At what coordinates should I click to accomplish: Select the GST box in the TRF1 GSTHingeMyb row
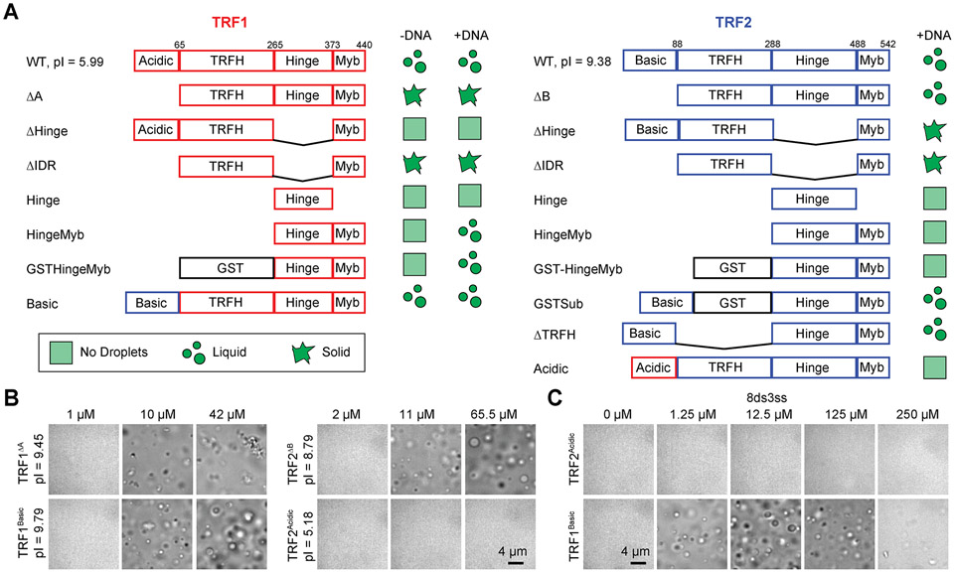pyautogui.click(x=227, y=267)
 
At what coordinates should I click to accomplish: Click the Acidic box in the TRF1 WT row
pyautogui.click(x=156, y=61)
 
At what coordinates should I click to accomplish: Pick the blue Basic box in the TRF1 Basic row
pyautogui.click(x=152, y=301)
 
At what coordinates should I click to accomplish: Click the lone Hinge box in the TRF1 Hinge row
pyautogui.click(x=303, y=199)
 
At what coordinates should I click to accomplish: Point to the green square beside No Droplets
pyautogui.click(x=59, y=353)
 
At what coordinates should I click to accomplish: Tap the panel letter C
pyautogui.click(x=559, y=398)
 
